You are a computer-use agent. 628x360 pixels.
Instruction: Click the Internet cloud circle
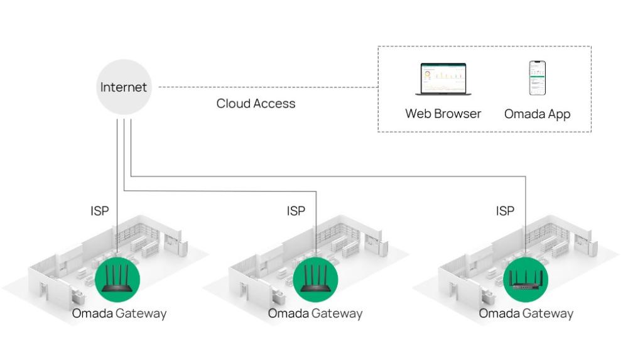124,87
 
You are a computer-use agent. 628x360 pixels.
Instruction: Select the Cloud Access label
256,104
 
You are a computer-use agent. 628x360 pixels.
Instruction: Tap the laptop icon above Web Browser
443,79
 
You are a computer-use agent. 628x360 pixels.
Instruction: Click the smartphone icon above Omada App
537,78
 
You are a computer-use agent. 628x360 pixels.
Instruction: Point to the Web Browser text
443,114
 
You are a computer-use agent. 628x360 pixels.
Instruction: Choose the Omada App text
537,114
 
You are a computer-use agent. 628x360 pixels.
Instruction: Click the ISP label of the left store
100,211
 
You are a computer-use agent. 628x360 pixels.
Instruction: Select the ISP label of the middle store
296,211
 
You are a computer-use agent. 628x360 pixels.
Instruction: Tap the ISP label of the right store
505,211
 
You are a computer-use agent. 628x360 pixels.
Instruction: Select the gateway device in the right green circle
526,280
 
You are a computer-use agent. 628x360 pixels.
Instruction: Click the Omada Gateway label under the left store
119,313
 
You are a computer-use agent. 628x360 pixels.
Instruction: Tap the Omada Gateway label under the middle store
315,313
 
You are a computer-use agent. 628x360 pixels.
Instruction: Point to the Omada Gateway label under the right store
526,313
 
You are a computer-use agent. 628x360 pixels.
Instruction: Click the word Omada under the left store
92,313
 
